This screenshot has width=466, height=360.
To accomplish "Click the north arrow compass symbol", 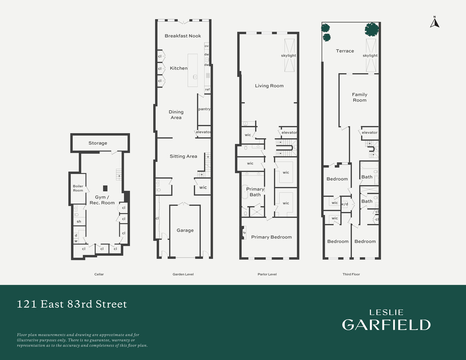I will [x=435, y=22].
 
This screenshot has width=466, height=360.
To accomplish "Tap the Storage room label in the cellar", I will [x=98, y=143].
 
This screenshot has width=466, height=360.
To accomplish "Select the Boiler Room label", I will [x=78, y=188].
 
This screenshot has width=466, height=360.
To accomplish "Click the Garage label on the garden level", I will [x=185, y=230].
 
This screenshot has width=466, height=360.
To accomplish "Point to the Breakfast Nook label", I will [x=183, y=36].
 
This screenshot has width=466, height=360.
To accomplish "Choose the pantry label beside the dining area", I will [x=204, y=109].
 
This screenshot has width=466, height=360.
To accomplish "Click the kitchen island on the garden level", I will [x=193, y=70].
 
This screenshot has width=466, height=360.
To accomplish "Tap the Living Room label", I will [x=269, y=86].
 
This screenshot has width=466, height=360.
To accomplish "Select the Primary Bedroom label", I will [x=271, y=237].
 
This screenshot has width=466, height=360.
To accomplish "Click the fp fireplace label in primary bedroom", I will [x=244, y=233].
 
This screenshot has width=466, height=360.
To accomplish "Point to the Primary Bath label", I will [x=255, y=192].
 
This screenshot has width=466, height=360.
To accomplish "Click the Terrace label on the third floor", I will [x=345, y=51].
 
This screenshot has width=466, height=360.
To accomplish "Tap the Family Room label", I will [x=359, y=97].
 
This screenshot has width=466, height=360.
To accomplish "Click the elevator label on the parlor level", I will [x=289, y=132].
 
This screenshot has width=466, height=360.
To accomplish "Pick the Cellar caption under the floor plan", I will [x=99, y=274].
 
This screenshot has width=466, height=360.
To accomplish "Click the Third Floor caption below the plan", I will [x=351, y=274].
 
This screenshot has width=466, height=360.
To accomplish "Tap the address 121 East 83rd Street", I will [x=72, y=304].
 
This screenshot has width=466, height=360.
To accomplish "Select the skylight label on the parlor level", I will [x=288, y=55].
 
